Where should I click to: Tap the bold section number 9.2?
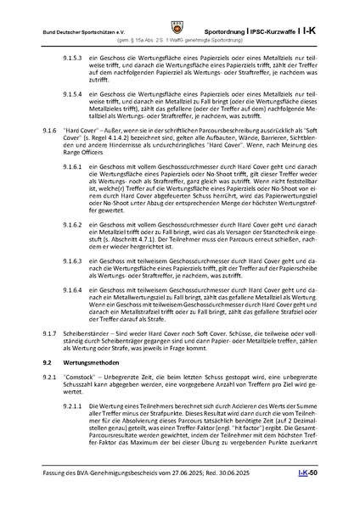(48, 362)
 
